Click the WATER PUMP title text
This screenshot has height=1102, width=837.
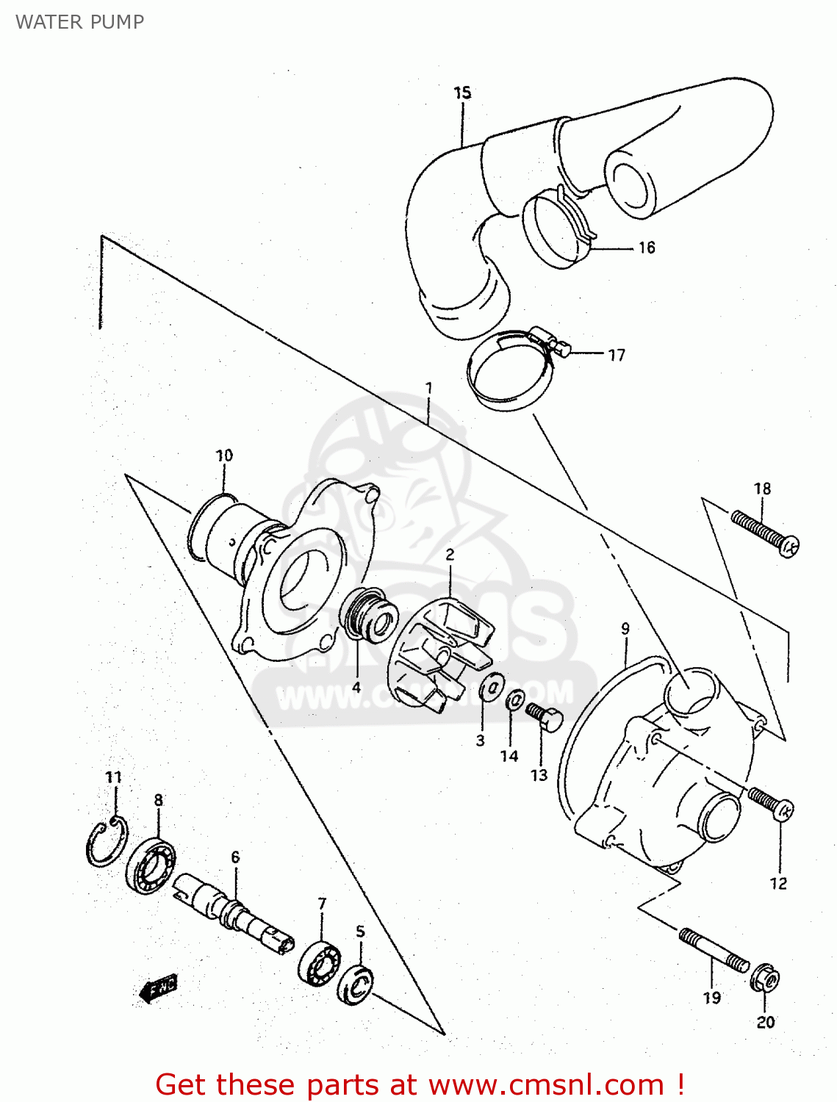click(79, 22)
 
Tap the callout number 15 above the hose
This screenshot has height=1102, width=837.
click(462, 93)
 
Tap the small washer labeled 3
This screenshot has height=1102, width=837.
click(490, 688)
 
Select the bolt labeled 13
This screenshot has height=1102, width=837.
click(544, 716)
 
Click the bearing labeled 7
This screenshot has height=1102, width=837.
click(320, 962)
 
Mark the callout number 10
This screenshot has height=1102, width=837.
click(224, 455)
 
